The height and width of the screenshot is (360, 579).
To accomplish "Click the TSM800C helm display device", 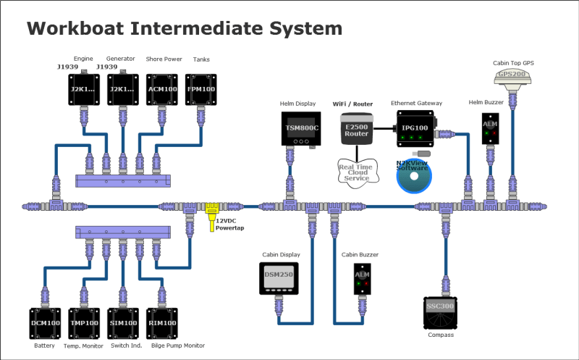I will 301,128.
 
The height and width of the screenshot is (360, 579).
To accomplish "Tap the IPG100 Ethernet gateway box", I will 411,129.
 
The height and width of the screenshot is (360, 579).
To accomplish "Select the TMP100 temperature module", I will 84,322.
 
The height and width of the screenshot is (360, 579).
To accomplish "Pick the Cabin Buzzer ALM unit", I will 362,279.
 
